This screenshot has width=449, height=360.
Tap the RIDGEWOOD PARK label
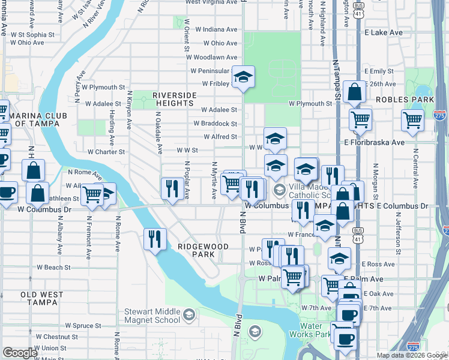203,250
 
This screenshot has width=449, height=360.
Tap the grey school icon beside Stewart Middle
188,315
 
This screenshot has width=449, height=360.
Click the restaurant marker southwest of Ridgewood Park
155,239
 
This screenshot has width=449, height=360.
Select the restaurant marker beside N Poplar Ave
172,188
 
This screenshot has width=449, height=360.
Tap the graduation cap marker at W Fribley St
243,77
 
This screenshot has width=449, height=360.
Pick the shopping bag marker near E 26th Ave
355,92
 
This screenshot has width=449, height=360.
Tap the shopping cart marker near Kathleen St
91,194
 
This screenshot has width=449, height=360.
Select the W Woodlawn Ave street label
211,57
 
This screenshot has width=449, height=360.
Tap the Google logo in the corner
20,353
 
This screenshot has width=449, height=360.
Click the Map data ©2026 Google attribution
412,355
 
